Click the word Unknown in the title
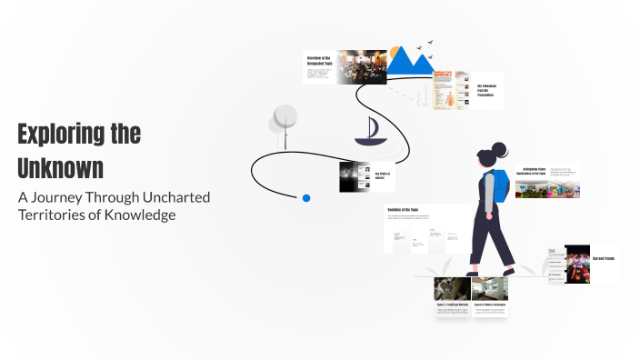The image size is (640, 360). (60, 168)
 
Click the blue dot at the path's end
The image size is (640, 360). (306, 197)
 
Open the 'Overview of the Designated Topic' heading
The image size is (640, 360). (318, 60)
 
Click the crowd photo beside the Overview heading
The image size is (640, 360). (362, 67)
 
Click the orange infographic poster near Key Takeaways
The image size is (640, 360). (445, 90)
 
